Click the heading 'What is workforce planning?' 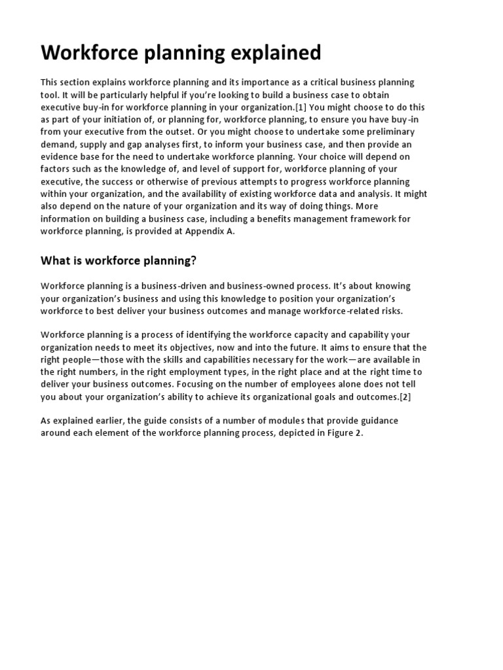119,260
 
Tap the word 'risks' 389,311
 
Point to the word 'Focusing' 198,384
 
